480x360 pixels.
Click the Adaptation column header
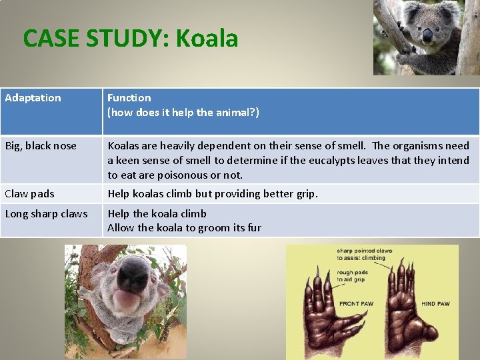pos(33,98)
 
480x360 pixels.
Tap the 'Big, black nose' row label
pos(41,146)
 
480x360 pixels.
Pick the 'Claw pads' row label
pos(29,194)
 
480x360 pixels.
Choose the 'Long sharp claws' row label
pos(46,214)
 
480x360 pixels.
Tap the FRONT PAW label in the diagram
pos(356,304)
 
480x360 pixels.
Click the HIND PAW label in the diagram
pos(435,304)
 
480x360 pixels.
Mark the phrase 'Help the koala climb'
pos(157,214)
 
